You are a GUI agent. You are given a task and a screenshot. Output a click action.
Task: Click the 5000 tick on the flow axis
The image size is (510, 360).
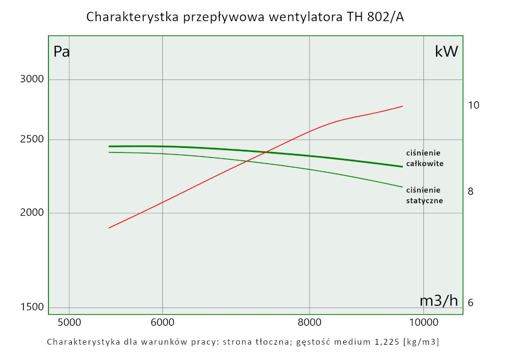pos(69,322)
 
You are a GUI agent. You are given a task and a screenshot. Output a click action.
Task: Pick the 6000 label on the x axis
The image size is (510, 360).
pos(162,322)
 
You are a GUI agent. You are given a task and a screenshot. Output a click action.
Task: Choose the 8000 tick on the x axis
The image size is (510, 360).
pos(310,322)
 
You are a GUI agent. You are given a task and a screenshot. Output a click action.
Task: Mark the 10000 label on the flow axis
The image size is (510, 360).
pos(424,322)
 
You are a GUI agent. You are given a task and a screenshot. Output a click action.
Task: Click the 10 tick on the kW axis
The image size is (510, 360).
pos(473,105)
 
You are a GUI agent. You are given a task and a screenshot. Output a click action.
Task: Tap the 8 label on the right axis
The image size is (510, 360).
pos(470,191)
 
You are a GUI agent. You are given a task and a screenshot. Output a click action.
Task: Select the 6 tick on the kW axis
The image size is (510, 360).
pos(470,302)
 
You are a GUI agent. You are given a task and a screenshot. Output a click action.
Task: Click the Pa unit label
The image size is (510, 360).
pos(61,52)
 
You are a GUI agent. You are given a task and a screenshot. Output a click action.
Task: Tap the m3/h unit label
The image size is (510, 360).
pos(439,301)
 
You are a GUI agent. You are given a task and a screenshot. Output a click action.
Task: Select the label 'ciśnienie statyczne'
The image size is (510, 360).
pos(424,195)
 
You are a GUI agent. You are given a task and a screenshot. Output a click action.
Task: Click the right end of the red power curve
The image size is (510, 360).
pos(403,106)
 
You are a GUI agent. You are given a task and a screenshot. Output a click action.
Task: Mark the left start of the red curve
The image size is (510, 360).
pos(109,228)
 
